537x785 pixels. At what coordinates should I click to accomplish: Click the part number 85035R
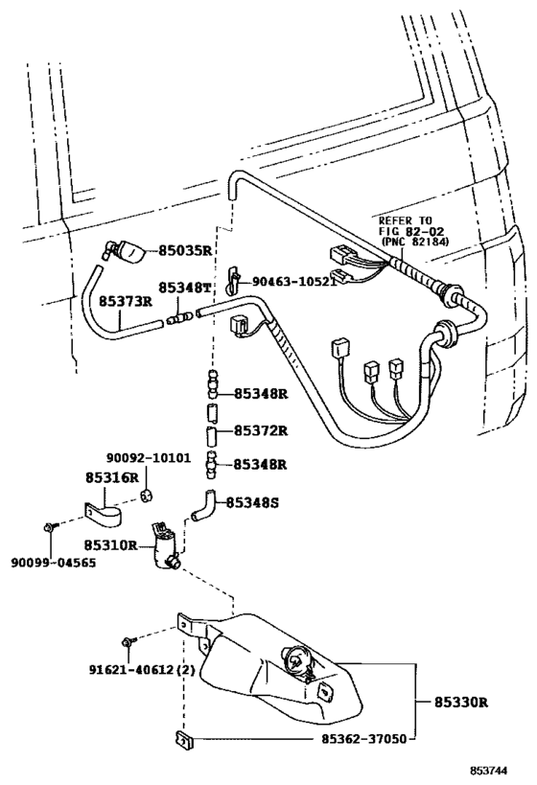click(x=185, y=250)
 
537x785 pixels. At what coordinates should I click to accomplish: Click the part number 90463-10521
click(x=293, y=282)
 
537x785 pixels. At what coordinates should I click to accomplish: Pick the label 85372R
click(x=261, y=430)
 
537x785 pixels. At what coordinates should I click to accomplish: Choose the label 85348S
click(x=252, y=502)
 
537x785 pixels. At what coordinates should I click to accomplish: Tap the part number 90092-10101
click(x=149, y=458)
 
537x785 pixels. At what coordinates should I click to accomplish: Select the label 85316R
click(x=111, y=477)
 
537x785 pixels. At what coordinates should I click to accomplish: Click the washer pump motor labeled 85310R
click(x=165, y=545)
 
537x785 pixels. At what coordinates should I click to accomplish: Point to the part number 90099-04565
click(x=54, y=563)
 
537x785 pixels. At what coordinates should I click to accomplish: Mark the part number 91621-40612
click(x=131, y=670)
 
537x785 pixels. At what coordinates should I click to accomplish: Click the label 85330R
click(x=461, y=703)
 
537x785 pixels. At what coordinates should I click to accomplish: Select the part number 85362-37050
click(x=364, y=738)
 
